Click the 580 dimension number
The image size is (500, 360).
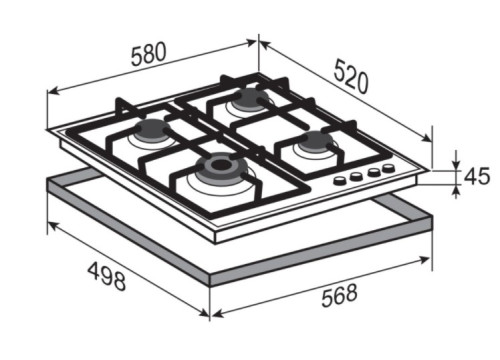tap(148, 54)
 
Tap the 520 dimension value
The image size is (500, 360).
tap(352, 76)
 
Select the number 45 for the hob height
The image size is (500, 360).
tap(477, 176)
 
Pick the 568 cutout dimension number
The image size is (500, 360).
tap(339, 295)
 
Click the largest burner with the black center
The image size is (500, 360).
tap(220, 166)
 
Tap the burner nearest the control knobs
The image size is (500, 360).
tap(315, 141)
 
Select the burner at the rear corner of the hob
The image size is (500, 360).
tap(250, 98)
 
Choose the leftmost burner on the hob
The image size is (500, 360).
tap(152, 129)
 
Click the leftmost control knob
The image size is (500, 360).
tap(340, 180)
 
